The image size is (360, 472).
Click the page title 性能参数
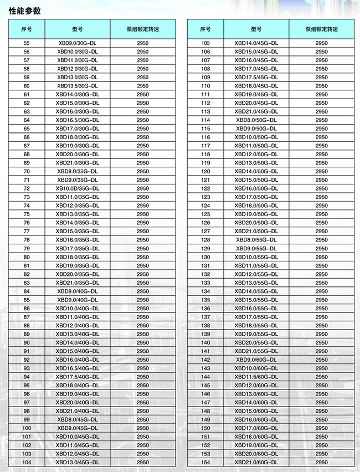click(x=24, y=11)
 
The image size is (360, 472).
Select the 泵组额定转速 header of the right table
click(x=321, y=29)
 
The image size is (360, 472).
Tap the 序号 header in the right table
click(x=205, y=29)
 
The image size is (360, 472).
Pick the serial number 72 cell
click(x=27, y=188)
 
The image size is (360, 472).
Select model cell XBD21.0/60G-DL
click(x=256, y=462)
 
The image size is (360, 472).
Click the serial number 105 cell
click(x=205, y=43)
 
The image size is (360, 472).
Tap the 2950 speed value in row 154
click(x=321, y=462)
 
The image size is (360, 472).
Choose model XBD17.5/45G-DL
click(x=256, y=77)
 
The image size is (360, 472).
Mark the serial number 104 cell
click(x=27, y=462)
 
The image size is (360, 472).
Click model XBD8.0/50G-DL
click(x=256, y=120)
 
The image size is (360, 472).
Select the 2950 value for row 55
click(x=143, y=43)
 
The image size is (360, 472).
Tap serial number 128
click(x=205, y=239)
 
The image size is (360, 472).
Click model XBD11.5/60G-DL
click(x=256, y=377)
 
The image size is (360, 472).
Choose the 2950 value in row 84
click(x=143, y=291)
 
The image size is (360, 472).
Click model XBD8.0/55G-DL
click(x=256, y=239)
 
